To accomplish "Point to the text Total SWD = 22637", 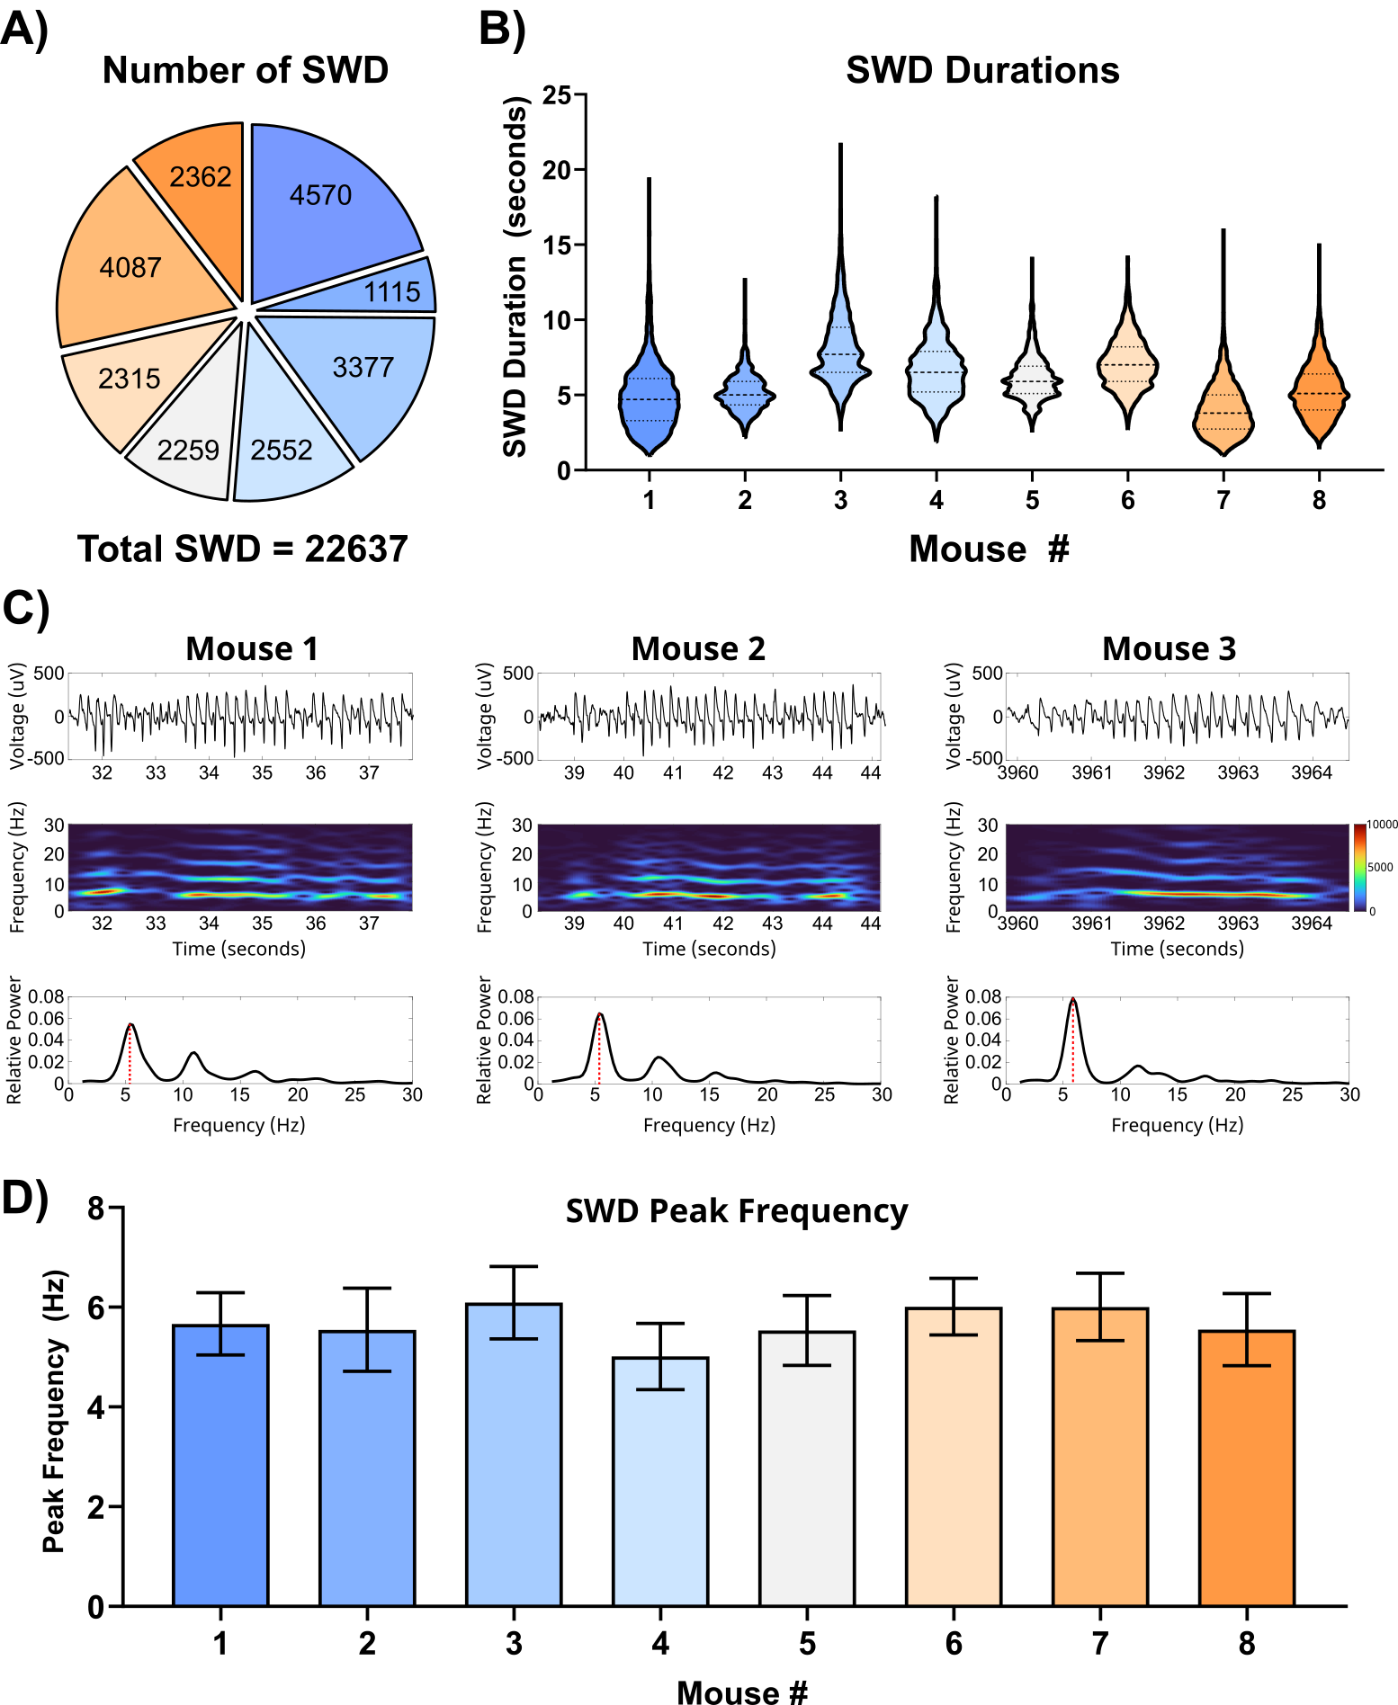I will [242, 549].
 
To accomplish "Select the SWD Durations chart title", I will [982, 70].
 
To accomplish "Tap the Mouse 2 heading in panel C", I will [698, 648].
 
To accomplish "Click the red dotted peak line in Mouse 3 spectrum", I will [1072, 1043].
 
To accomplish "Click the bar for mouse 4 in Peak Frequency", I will [660, 1484].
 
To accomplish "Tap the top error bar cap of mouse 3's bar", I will [514, 1266].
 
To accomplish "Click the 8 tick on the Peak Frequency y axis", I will [95, 1208].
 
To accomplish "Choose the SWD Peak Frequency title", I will [736, 1211].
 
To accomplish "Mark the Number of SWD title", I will [246, 70].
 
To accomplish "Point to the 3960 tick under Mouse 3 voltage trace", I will [1017, 772].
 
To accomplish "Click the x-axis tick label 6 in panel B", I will [1128, 500].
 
